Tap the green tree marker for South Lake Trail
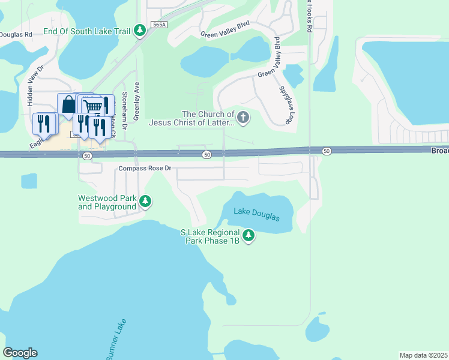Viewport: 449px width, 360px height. tap(140, 29)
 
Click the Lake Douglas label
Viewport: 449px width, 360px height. tap(256, 213)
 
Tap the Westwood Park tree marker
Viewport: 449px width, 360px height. tap(145, 202)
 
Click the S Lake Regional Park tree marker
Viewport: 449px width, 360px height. tap(249, 236)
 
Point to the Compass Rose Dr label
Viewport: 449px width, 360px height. tap(145, 169)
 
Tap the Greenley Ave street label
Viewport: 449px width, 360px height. tap(137, 101)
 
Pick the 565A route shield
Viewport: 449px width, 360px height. tap(158, 25)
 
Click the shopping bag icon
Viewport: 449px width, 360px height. tap(68, 104)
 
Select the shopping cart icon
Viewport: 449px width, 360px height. tap(92, 106)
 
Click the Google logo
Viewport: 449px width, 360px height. tap(20, 353)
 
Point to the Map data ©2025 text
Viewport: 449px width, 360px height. tap(423, 355)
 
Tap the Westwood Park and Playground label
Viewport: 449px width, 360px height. tap(107, 202)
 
